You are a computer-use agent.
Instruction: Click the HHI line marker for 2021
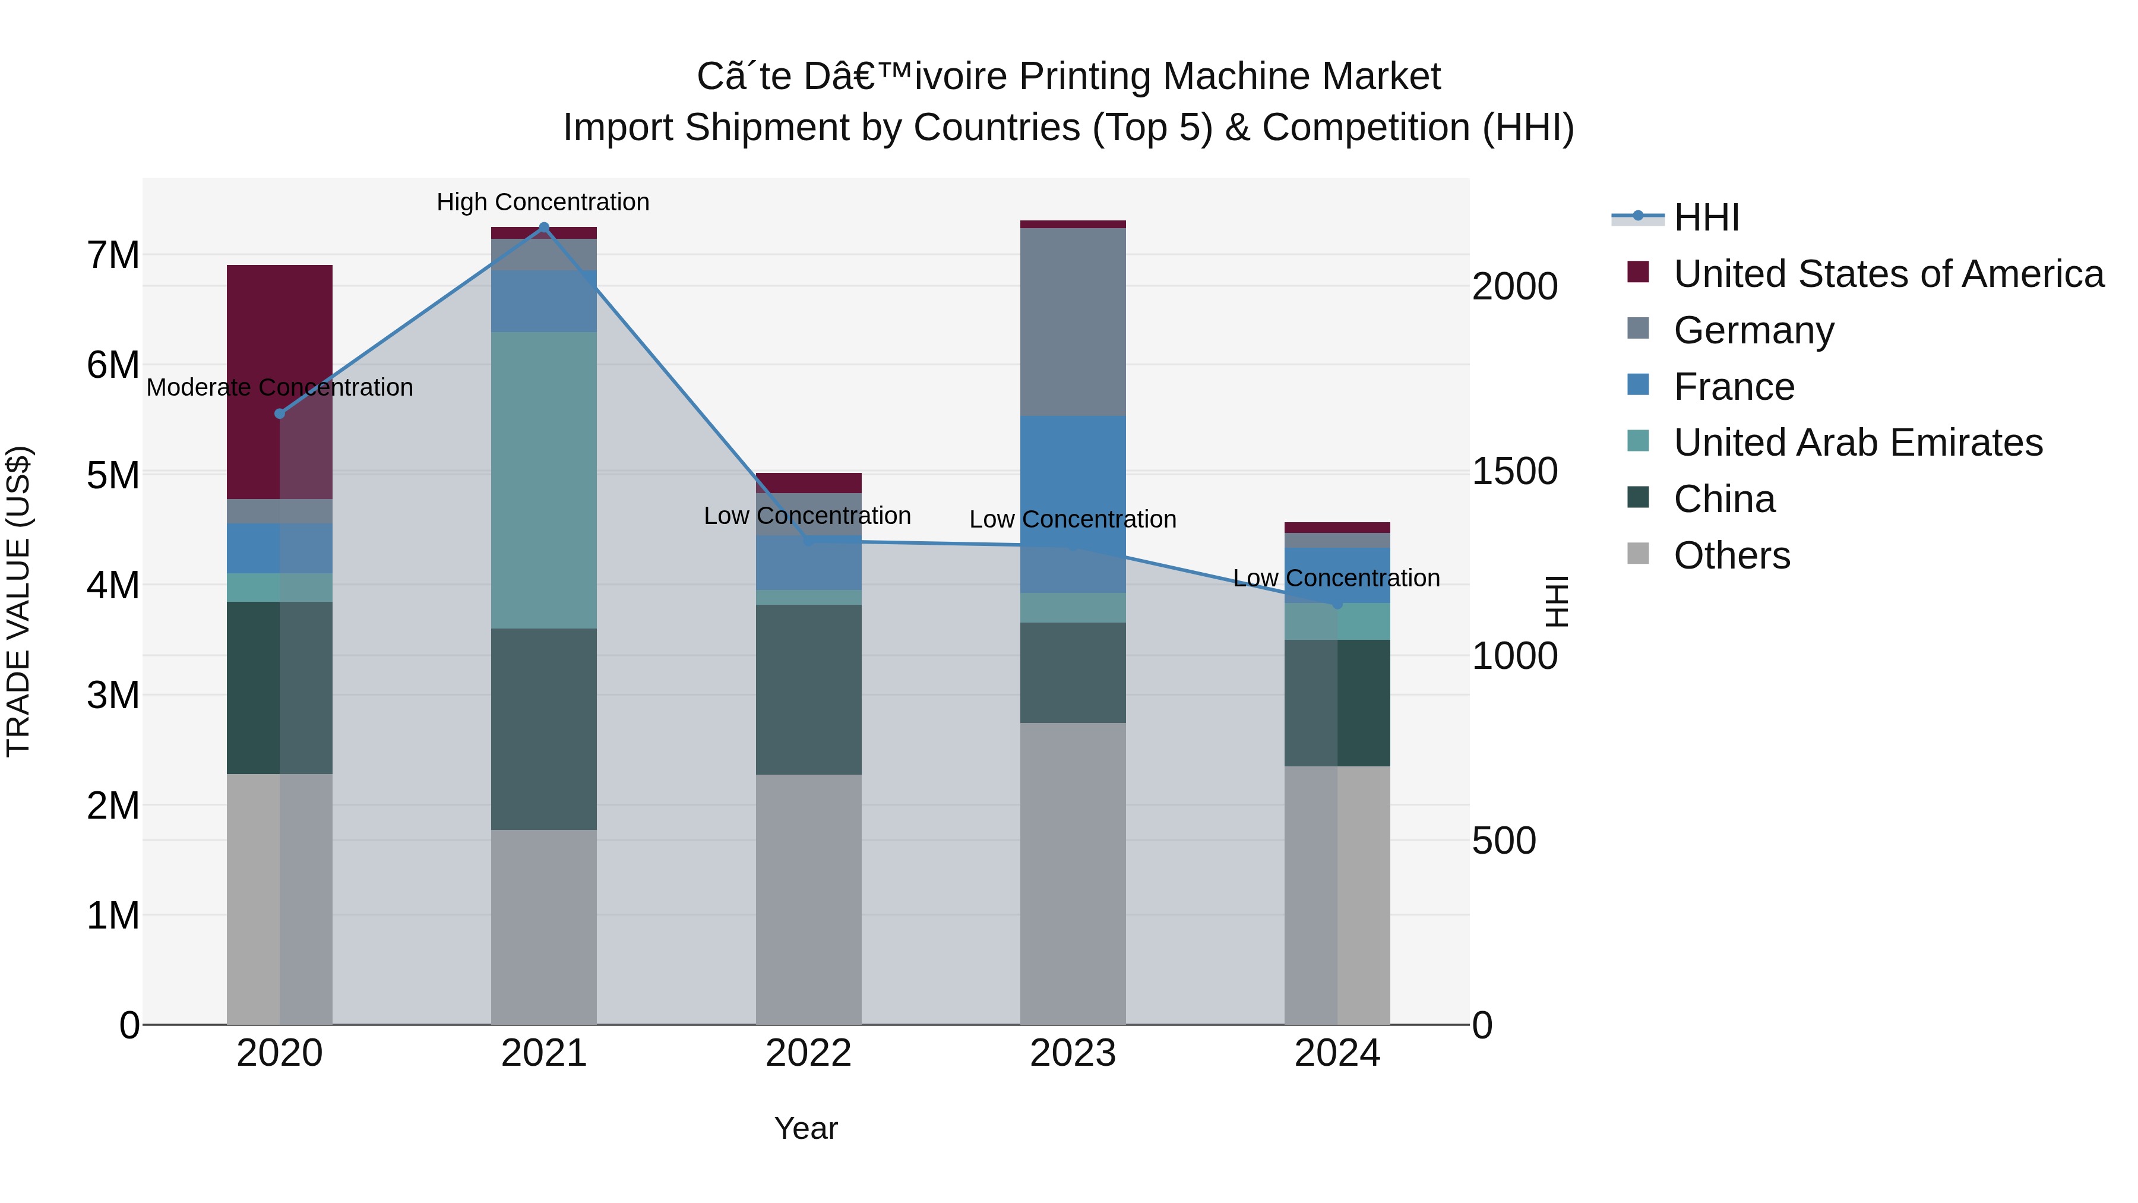[x=543, y=228]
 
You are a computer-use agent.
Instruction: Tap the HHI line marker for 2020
[x=280, y=413]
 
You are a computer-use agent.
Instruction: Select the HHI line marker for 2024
[x=1337, y=604]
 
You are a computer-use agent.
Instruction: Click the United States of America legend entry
[x=1888, y=274]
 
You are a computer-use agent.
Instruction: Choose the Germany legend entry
[x=1753, y=330]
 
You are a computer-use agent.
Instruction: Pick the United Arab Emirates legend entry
[x=1858, y=443]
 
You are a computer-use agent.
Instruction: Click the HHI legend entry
[x=1706, y=217]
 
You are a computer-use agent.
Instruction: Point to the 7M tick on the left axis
[x=113, y=255]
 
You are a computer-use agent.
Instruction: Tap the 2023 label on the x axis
[x=1073, y=1053]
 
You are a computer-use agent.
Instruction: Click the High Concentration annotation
[x=543, y=202]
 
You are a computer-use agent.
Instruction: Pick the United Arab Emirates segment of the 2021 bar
[x=543, y=480]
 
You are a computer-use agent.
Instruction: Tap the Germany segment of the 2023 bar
[x=1073, y=321]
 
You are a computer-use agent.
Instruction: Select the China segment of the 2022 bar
[x=808, y=689]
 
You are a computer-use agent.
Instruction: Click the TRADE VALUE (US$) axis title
[x=18, y=601]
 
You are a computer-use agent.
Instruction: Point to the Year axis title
[x=806, y=1128]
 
